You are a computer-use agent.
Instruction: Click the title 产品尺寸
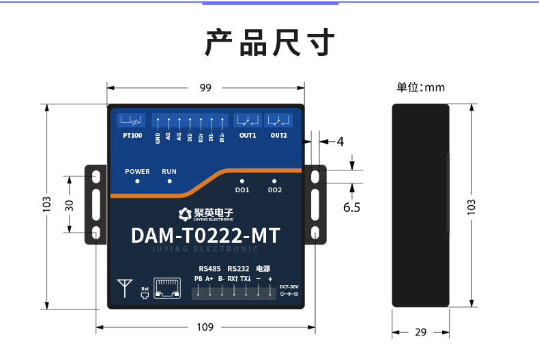point(269,42)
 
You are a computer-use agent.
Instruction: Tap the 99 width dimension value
point(205,87)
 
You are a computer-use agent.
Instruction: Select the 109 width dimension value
point(205,327)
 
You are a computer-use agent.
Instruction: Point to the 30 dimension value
point(69,206)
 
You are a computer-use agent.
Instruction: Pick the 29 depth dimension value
point(420,332)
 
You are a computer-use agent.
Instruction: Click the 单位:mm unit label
point(420,87)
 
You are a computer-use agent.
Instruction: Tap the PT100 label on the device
point(132,136)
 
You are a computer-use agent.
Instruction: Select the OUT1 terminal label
point(247,136)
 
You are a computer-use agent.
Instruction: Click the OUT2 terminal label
point(278,136)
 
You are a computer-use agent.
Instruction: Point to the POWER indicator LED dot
point(137,181)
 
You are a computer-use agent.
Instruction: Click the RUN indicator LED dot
point(169,181)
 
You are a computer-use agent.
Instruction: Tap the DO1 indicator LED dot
point(242,181)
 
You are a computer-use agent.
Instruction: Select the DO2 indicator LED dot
point(274,181)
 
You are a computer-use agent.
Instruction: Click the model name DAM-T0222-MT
point(205,236)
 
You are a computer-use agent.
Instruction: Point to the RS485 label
point(209,269)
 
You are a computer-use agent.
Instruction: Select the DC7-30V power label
point(289,286)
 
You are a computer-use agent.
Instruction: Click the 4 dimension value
point(340,142)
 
